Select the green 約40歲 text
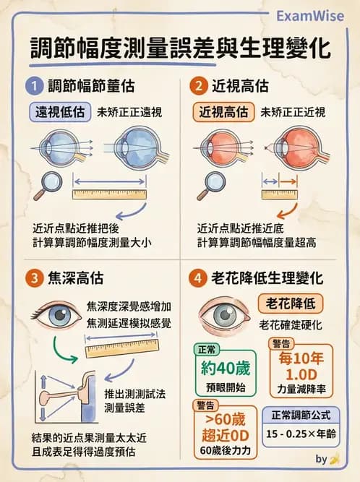point(224,367)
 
